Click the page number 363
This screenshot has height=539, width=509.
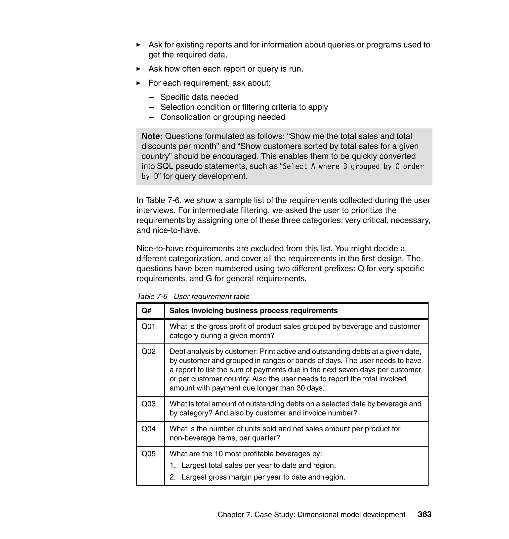coord(424,514)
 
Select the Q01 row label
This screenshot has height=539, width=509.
coord(148,326)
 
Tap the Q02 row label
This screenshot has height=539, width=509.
coord(148,352)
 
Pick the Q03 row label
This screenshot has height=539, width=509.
coord(148,404)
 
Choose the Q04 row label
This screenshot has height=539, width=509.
coord(148,429)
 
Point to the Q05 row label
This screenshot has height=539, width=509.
coord(148,454)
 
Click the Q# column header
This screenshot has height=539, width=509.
coord(147,311)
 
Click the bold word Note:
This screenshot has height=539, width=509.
coord(152,136)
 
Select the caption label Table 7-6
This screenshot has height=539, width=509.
coord(152,296)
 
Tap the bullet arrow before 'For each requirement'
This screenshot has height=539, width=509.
coord(138,83)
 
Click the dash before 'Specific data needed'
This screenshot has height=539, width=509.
coord(151,97)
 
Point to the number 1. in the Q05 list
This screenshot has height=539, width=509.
coord(172,465)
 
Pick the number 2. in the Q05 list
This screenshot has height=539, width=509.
coord(172,477)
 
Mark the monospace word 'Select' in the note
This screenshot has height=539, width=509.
coord(295,166)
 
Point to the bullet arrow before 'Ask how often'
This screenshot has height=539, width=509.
coord(138,69)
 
